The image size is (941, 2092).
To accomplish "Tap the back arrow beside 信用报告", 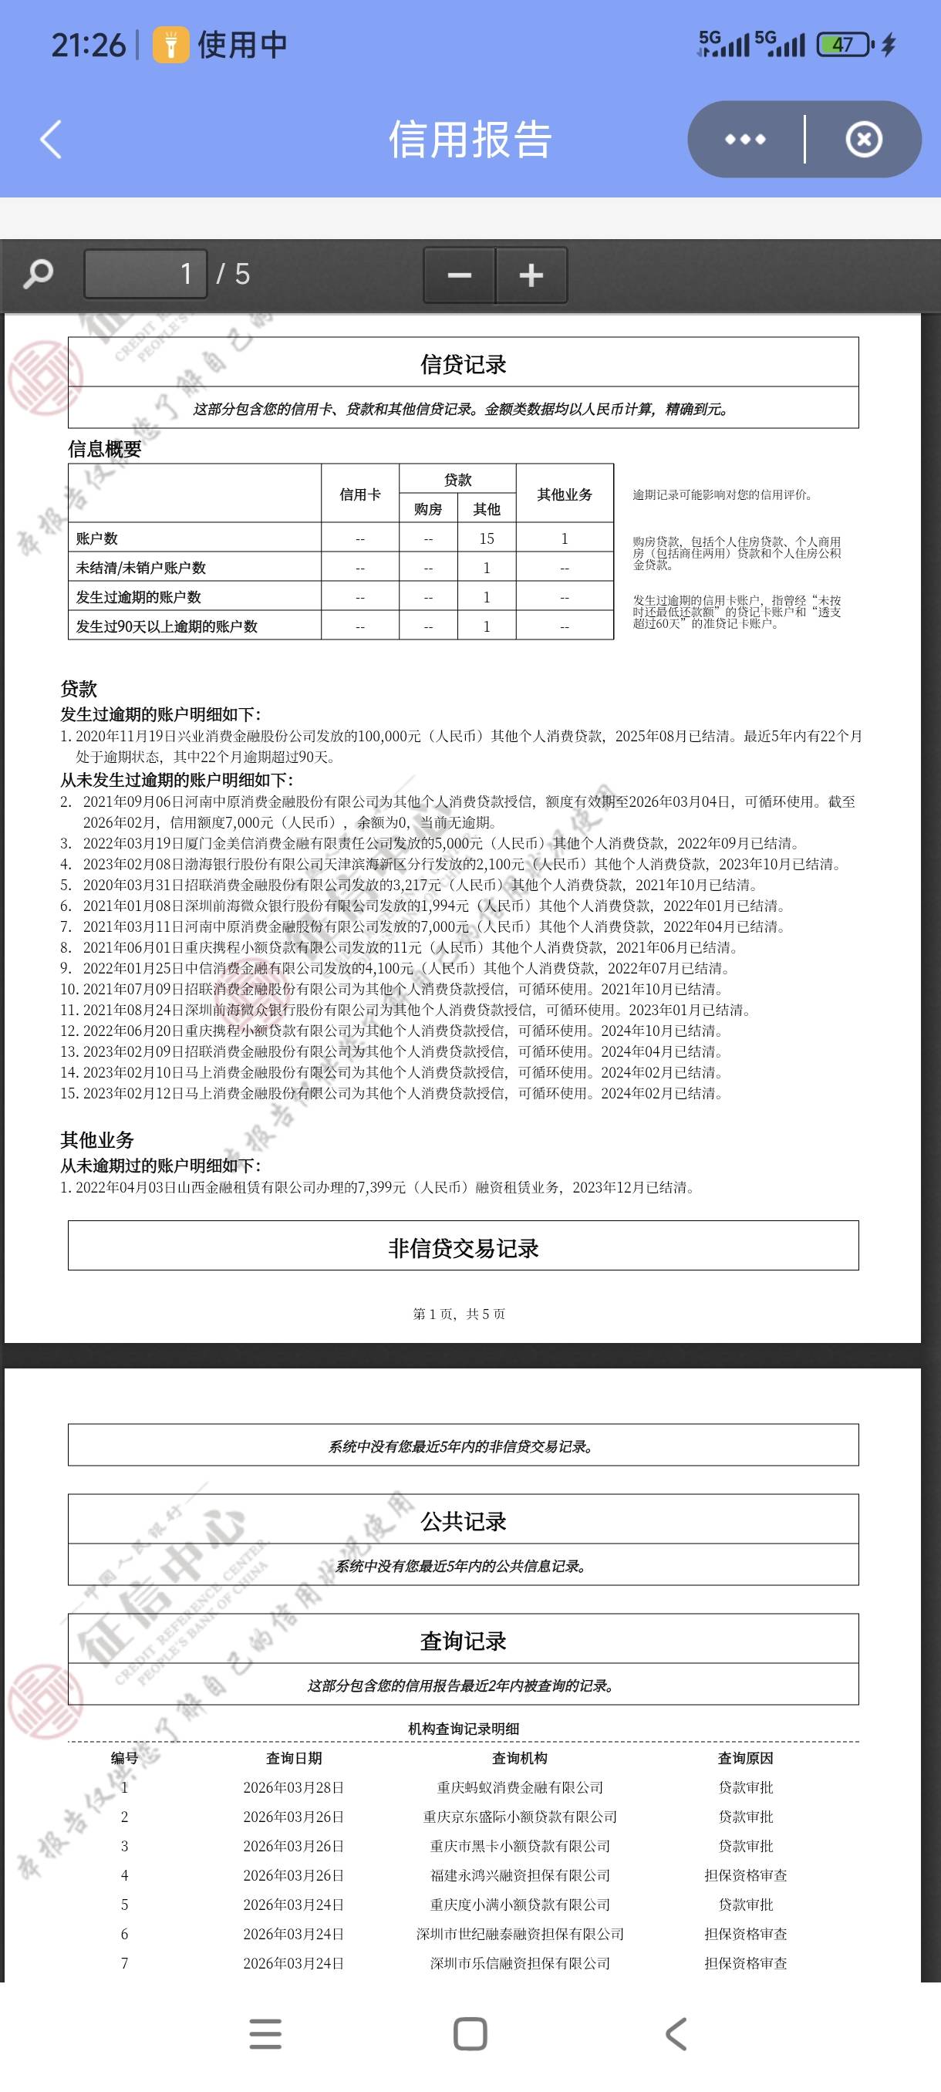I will point(51,139).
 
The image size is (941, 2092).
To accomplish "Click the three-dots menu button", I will point(744,139).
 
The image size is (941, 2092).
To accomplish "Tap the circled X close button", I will point(863,139).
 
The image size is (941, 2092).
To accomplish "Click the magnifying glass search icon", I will point(38,274).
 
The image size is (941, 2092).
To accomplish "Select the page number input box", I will point(145,274).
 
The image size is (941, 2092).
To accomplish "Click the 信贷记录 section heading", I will point(463,364).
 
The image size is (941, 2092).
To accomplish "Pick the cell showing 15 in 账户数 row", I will point(487,538).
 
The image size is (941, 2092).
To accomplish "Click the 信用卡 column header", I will point(359,494).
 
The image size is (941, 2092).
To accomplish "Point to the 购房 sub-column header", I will point(428,509).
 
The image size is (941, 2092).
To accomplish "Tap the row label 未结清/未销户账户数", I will point(140,568).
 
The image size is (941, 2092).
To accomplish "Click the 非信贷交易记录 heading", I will point(463,1247).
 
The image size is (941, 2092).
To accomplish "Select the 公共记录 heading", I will point(463,1520).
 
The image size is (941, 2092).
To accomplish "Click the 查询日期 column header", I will point(294,1757).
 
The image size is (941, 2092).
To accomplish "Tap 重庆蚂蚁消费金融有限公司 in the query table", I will point(520,1787).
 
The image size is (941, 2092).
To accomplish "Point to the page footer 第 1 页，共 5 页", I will point(459,1313).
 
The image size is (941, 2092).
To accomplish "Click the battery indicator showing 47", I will point(843,44).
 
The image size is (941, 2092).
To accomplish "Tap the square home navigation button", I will point(470,2033).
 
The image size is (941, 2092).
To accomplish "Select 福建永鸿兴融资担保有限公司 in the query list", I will point(520,1875).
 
